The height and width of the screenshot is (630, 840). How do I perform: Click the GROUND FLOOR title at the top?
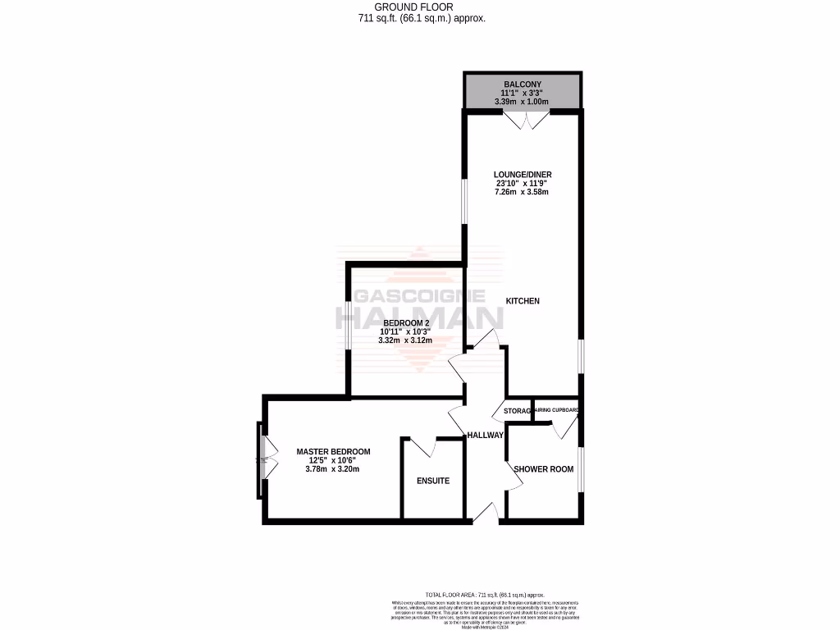pos(419,7)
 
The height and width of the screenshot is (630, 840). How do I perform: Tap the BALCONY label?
pos(522,84)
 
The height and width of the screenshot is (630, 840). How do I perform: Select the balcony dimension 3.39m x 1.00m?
pos(522,102)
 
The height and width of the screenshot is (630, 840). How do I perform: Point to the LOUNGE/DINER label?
pos(522,174)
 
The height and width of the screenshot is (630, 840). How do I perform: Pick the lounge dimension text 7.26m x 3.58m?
pos(522,193)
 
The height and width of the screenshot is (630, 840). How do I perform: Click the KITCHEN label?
pos(523,301)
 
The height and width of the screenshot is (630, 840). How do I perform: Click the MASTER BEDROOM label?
pos(333,451)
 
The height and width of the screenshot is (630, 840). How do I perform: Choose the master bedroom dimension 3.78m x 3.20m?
pos(333,469)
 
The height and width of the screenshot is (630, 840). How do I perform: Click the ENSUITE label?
pos(432,481)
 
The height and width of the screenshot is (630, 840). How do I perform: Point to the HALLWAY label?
pos(484,435)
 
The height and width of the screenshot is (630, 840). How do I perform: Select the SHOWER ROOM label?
pos(543,469)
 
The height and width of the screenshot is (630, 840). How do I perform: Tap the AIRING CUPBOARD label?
pos(557,410)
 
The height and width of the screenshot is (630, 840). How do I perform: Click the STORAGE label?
pos(517,411)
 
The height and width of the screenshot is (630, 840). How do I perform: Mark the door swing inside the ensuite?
pos(422,448)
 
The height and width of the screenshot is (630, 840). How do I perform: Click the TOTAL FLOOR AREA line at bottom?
pos(484,595)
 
